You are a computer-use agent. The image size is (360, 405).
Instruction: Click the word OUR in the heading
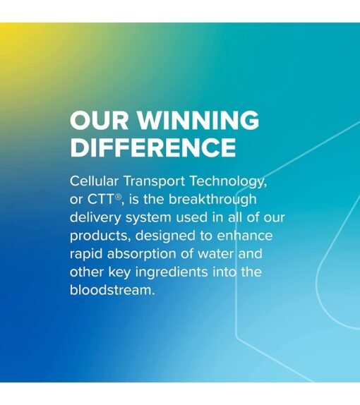point(99,120)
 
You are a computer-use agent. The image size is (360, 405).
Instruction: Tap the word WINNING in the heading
point(198,120)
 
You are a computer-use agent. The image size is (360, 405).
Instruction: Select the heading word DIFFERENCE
point(153,147)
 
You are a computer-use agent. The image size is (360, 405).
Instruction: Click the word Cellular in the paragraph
point(94,181)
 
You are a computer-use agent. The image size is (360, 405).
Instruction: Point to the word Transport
point(155,181)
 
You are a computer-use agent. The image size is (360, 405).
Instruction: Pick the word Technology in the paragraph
point(228,182)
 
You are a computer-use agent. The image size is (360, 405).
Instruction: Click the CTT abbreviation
point(100,200)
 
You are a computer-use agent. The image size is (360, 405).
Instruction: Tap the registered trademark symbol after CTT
point(118,198)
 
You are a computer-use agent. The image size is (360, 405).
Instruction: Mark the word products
point(100,236)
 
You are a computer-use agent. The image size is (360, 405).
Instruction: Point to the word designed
point(165,236)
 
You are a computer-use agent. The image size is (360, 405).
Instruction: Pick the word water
point(215,254)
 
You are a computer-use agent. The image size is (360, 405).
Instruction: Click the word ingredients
point(172,272)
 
